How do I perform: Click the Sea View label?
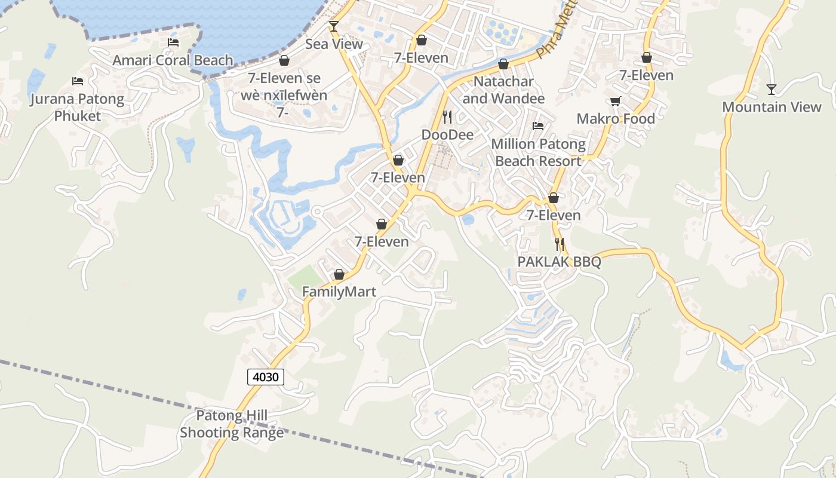pyautogui.click(x=334, y=44)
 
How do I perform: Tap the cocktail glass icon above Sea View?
pyautogui.click(x=334, y=26)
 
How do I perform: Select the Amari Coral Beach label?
pyautogui.click(x=173, y=60)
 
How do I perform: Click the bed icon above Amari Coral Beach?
pyautogui.click(x=173, y=42)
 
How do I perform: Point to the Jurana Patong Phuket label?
pyautogui.click(x=78, y=108)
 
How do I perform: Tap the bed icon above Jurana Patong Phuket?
pyautogui.click(x=78, y=81)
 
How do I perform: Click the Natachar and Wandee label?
pyautogui.click(x=503, y=90)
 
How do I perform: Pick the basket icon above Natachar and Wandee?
pyautogui.click(x=503, y=63)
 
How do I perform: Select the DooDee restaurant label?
pyautogui.click(x=447, y=135)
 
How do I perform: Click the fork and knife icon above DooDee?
pyautogui.click(x=447, y=117)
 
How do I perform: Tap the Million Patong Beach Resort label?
pyautogui.click(x=538, y=153)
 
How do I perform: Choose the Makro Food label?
pyautogui.click(x=616, y=119)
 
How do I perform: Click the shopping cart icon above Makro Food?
pyautogui.click(x=615, y=101)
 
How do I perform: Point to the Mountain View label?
pyautogui.click(x=772, y=108)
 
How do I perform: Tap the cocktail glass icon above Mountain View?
pyautogui.click(x=772, y=89)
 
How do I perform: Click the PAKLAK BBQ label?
pyautogui.click(x=559, y=262)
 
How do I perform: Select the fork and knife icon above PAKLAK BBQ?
pyautogui.click(x=559, y=244)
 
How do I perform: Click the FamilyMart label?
pyautogui.click(x=339, y=292)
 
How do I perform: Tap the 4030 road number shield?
pyautogui.click(x=266, y=377)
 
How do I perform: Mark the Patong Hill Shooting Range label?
pyautogui.click(x=232, y=424)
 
